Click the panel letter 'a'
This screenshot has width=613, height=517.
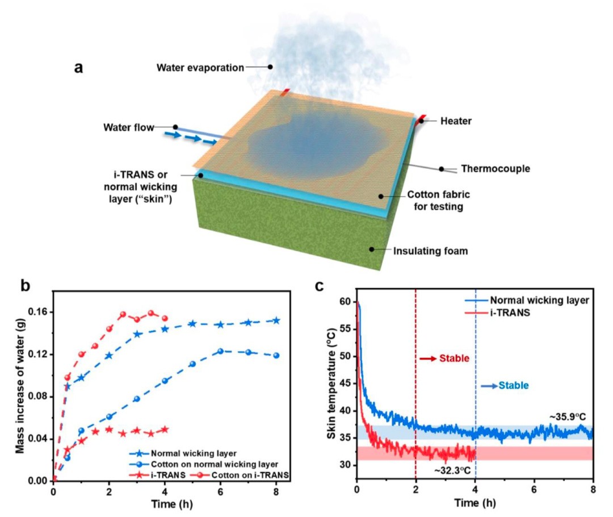pyautogui.click(x=79, y=67)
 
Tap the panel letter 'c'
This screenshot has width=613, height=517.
pyautogui.click(x=320, y=285)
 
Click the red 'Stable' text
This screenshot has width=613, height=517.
pyautogui.click(x=454, y=359)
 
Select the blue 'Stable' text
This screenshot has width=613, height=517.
pyautogui.click(x=513, y=385)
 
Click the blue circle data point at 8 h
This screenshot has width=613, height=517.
pyautogui.click(x=276, y=356)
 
